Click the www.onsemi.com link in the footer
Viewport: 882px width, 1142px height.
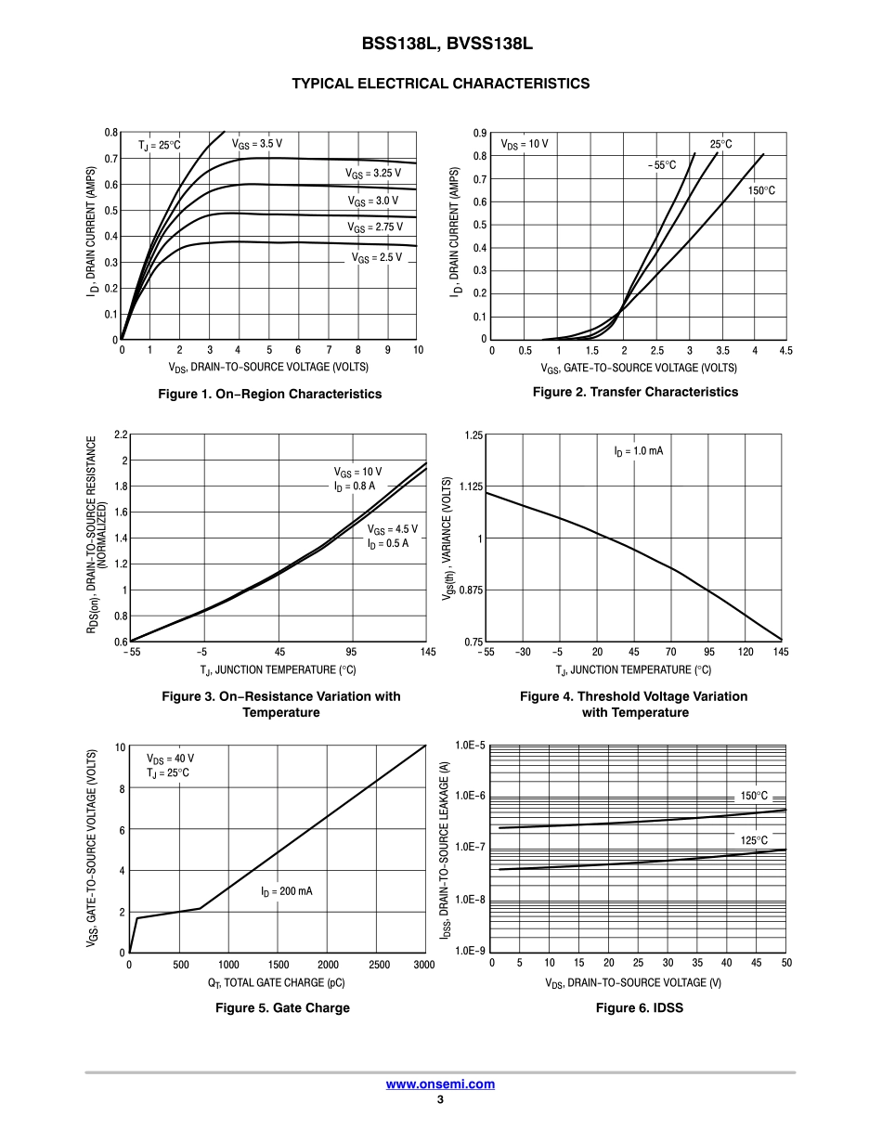(440, 1084)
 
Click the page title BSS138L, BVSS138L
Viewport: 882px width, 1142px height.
(440, 44)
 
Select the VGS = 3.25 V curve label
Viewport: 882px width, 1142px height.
(373, 174)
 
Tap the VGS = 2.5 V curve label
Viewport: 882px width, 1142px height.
(376, 257)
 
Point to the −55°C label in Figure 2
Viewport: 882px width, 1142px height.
(662, 165)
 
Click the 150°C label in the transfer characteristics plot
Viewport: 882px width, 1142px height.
(760, 190)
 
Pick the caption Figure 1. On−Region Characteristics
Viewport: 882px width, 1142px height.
(270, 394)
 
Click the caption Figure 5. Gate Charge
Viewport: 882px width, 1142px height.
(282, 1007)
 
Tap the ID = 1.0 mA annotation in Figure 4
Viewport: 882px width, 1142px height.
(638, 451)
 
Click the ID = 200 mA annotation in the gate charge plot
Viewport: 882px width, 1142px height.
(286, 891)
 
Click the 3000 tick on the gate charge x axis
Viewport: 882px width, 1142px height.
(424, 966)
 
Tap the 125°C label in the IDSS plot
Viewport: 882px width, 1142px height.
(754, 840)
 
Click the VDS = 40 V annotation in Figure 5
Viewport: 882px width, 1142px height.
(170, 759)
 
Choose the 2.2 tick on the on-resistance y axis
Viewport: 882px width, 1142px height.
(121, 435)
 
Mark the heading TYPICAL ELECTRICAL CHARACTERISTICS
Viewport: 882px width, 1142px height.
(440, 84)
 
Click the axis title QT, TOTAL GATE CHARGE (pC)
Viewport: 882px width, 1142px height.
(277, 982)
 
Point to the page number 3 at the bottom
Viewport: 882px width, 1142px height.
(440, 1100)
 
